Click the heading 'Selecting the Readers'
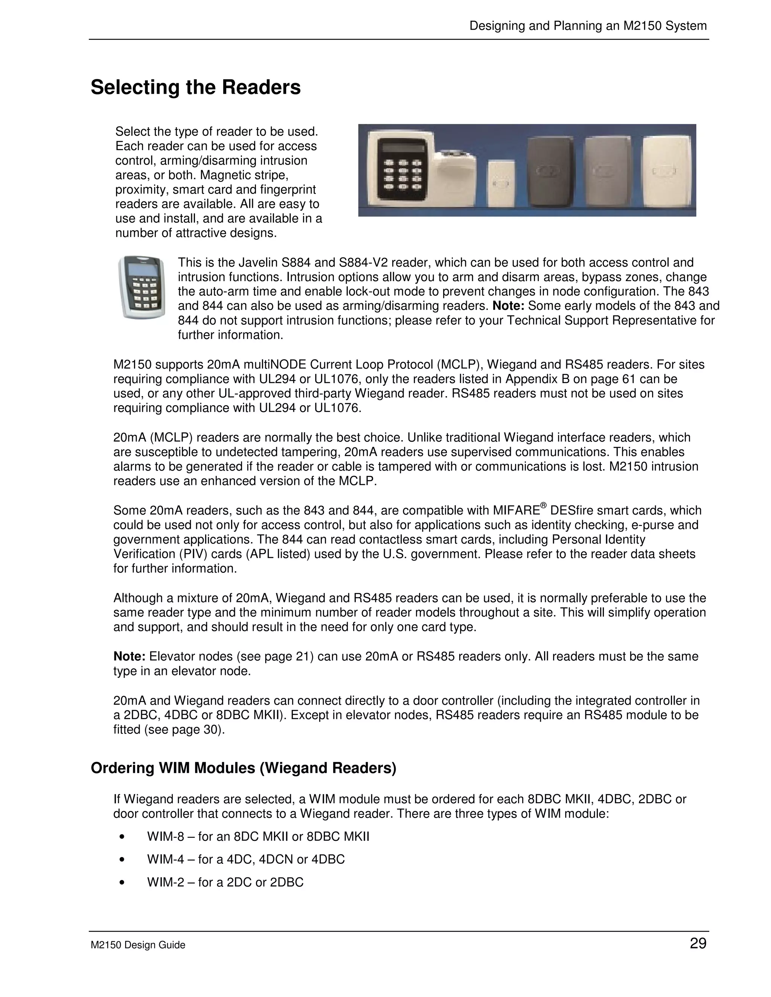point(195,87)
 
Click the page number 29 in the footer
point(698,943)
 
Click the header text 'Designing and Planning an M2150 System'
point(588,26)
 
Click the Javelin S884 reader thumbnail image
point(142,287)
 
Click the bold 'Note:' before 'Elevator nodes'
point(129,657)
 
